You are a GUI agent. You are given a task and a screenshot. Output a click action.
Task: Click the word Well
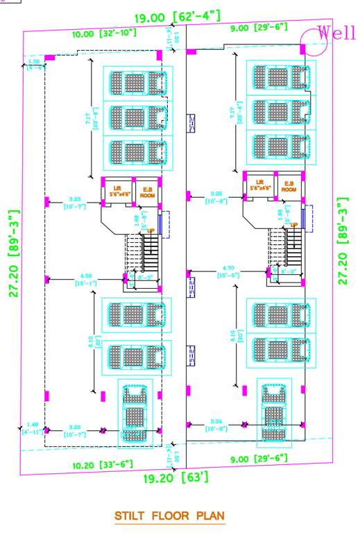pyautogui.click(x=336, y=33)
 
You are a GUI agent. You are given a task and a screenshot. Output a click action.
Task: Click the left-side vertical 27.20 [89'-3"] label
pyautogui.click(x=14, y=254)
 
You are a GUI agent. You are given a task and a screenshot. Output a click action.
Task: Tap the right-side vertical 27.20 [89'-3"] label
pyautogui.click(x=342, y=240)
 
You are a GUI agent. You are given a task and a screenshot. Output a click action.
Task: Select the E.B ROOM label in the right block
pyautogui.click(x=289, y=187)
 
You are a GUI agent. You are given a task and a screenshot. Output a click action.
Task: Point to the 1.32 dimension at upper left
pyautogui.click(x=35, y=65)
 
